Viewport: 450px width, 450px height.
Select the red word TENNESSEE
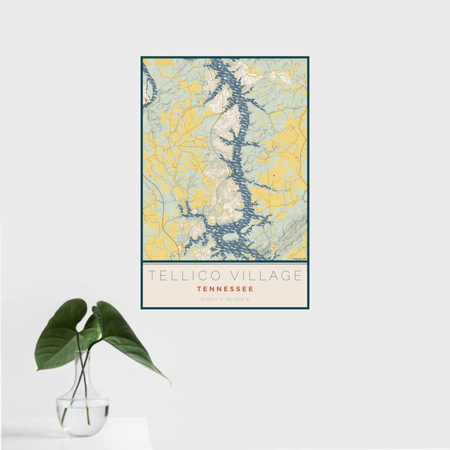pos(225,289)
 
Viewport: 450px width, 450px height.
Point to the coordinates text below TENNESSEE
pos(225,298)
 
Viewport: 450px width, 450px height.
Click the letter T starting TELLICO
pos(152,276)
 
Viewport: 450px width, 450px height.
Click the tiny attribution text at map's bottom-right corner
pos(300,259)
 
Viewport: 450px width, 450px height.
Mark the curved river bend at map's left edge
pos(147,84)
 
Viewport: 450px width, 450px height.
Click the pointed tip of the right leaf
pos(169,383)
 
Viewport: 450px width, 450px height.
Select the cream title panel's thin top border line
pos(225,263)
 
